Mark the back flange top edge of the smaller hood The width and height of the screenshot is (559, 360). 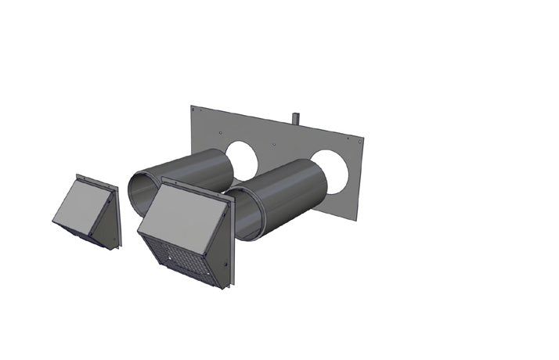point(97,179)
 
